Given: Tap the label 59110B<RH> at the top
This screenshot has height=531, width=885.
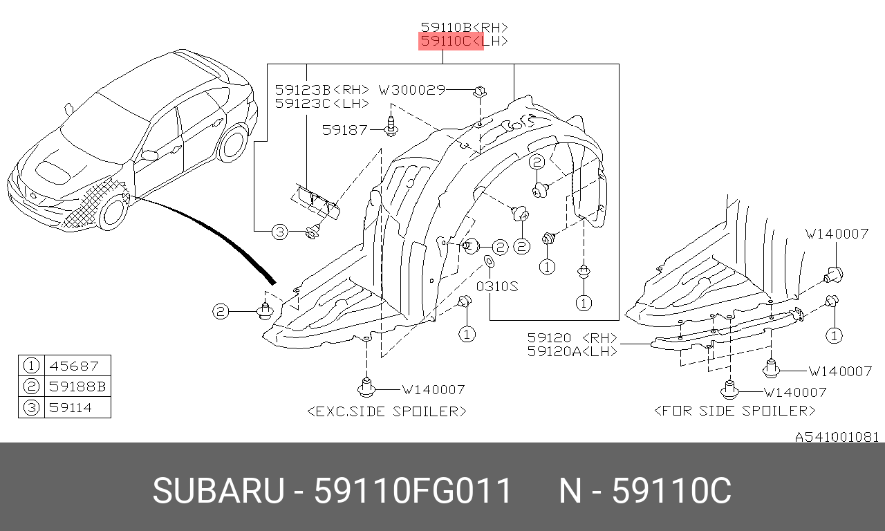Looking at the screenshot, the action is pos(464,27).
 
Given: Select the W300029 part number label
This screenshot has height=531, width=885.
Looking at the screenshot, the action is pos(412,90).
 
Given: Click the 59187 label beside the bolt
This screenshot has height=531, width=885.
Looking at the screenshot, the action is pos(344,130).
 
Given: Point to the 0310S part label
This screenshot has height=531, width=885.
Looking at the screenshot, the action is pos(497,286).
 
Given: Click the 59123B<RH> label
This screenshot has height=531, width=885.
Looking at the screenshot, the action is pos(322,90).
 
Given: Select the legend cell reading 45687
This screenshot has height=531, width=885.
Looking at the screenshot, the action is pos(73,366).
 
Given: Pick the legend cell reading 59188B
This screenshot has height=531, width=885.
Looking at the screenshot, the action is pos(77,386).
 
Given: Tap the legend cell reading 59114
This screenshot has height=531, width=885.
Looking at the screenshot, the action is pos(71,407).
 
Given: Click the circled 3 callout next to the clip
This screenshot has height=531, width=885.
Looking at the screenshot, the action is pos(280,232).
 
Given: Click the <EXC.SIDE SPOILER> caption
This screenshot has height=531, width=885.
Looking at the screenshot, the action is pos(386,411).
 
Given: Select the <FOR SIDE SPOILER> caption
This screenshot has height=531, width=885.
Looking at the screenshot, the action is pos(735,411).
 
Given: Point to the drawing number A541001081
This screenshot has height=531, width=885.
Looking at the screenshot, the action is pos(837,437).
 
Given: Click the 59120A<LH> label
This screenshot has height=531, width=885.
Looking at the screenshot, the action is pos(572,351).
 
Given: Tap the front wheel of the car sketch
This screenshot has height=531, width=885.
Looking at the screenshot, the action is pos(113,212).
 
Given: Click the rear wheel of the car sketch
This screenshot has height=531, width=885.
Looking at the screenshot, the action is pos(233,143).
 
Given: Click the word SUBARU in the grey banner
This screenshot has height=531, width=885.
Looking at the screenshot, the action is pos(218,491).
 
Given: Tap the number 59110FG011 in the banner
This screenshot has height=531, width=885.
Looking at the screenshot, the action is pos(413,491).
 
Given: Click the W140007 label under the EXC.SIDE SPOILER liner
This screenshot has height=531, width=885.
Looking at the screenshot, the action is pos(434,390).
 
